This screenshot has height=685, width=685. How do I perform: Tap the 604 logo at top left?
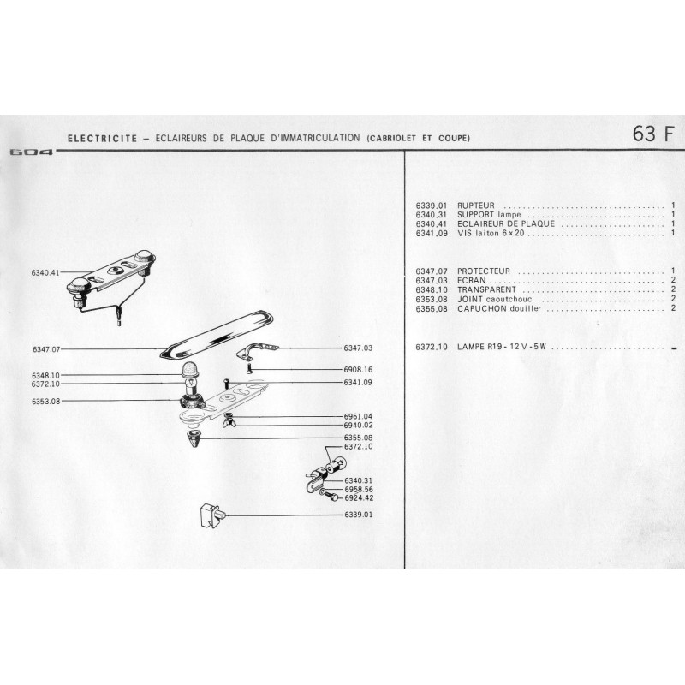click(x=30, y=152)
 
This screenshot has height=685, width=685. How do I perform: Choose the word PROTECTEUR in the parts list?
click(x=485, y=271)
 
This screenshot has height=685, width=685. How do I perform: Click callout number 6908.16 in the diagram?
click(x=358, y=369)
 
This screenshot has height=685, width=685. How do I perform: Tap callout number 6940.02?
click(x=358, y=425)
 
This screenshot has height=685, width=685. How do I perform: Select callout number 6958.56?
click(x=358, y=489)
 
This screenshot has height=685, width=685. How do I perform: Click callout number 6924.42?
click(x=358, y=497)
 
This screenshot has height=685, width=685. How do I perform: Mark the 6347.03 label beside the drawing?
click(x=358, y=348)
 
